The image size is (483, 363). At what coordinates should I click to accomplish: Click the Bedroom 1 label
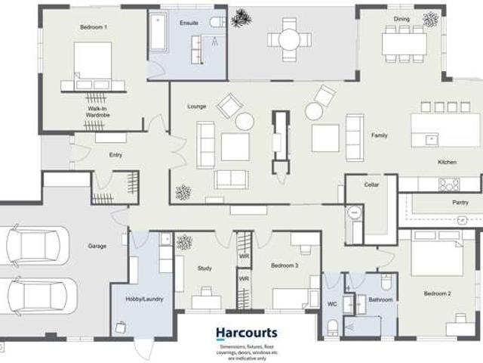click(94, 27)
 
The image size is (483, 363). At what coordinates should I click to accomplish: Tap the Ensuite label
click(189, 23)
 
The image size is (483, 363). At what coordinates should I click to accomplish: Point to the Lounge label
click(197, 107)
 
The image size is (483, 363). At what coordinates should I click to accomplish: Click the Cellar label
click(371, 185)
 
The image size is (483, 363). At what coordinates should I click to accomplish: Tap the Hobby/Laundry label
click(143, 299)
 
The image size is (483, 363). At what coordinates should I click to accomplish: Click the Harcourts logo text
click(247, 333)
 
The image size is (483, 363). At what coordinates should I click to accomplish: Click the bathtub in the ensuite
click(158, 31)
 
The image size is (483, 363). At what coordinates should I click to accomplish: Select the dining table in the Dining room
click(404, 43)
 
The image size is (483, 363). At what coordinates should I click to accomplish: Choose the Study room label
click(205, 268)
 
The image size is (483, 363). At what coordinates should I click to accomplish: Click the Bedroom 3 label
click(285, 265)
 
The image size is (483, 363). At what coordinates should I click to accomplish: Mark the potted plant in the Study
click(184, 243)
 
